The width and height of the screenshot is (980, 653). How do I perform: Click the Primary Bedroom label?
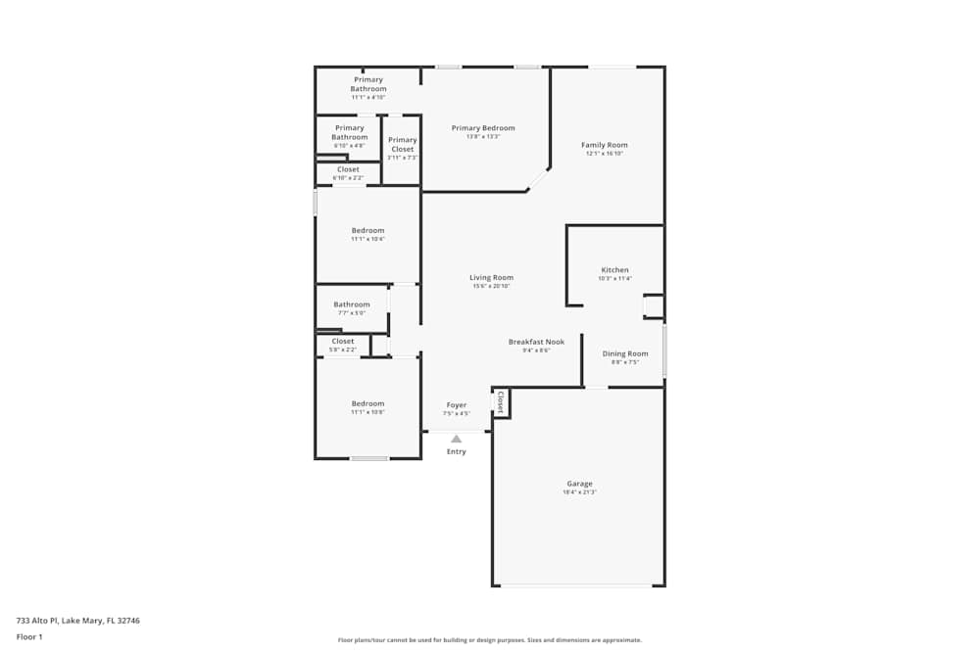(x=482, y=128)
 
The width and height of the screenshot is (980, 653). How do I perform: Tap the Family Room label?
(x=604, y=145)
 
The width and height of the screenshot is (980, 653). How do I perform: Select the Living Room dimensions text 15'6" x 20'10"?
(x=491, y=287)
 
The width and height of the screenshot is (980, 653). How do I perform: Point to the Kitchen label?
(x=614, y=270)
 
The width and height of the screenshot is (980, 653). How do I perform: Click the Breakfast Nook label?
(x=536, y=342)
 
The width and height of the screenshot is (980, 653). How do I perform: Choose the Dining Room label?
(x=624, y=353)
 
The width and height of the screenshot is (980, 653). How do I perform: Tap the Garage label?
(x=579, y=484)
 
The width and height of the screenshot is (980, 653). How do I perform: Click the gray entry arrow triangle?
(x=456, y=439)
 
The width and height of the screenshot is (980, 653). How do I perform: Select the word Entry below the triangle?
(x=456, y=451)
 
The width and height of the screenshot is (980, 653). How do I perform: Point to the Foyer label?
(x=456, y=404)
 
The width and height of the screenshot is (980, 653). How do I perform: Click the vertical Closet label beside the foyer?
(x=500, y=401)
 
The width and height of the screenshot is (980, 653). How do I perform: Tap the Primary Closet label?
(x=402, y=145)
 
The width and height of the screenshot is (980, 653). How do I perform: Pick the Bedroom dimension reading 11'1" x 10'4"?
(x=367, y=239)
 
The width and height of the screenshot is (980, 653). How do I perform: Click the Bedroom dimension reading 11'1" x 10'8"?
(x=367, y=412)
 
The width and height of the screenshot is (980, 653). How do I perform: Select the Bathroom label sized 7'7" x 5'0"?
(x=351, y=304)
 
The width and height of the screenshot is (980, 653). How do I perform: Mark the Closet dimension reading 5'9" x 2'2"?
(x=342, y=350)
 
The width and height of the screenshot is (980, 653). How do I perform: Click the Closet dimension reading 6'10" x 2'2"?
(x=348, y=178)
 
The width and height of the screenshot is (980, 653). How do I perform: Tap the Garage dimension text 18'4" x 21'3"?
(x=579, y=492)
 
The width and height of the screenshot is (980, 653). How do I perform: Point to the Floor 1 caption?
(x=29, y=636)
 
